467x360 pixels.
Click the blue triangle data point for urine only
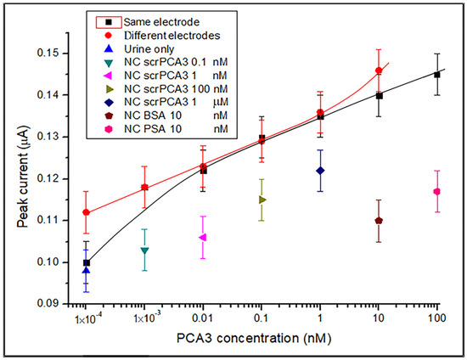pyautogui.click(x=87, y=270)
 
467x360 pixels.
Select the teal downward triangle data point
pyautogui.click(x=145, y=250)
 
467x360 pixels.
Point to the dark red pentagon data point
pyautogui.click(x=379, y=220)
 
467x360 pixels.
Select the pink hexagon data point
pyautogui.click(x=436, y=191)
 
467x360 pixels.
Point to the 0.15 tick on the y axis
pyautogui.click(x=56, y=53)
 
